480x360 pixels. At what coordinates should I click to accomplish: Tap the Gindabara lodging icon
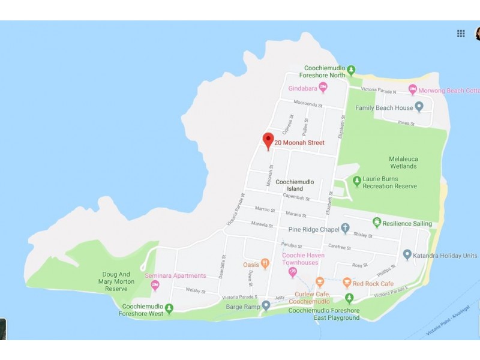coord(323,88)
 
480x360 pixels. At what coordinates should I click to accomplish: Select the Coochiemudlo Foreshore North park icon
coord(352,69)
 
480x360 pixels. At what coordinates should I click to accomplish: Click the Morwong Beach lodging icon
coord(412,90)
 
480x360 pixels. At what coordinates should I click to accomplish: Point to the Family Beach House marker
coord(419,107)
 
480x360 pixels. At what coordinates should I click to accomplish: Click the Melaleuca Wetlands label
coord(403,162)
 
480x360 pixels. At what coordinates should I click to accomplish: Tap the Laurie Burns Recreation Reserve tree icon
coord(357,180)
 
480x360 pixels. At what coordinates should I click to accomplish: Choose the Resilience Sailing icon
coord(377,223)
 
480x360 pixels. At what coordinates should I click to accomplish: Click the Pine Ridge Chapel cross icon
coord(345,229)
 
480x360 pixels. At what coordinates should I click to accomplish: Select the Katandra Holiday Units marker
coord(407,256)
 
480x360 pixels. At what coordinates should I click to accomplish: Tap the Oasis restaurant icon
coord(265,264)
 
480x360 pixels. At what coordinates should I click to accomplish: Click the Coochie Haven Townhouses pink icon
coord(293,272)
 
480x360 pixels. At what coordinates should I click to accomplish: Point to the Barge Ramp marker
coord(266,305)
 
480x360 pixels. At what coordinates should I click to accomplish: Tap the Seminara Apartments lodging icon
coord(155,285)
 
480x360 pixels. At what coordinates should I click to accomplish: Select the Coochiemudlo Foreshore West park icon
coord(169,309)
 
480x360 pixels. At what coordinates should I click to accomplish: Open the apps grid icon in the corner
coord(461,34)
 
